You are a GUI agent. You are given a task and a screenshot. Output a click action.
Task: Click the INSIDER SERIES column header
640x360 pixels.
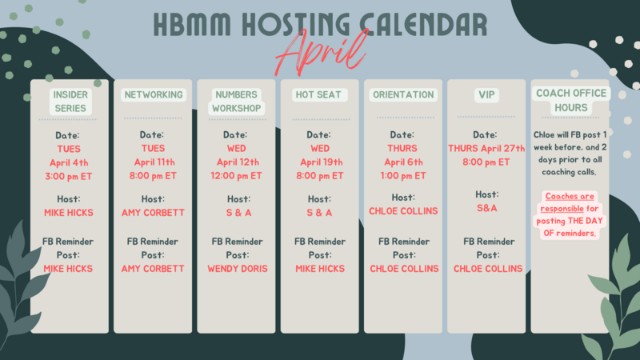[x=70, y=102]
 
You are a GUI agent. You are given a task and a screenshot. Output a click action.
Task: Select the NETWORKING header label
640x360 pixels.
[x=154, y=94]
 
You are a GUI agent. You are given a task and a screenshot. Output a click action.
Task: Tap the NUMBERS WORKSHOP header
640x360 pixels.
[x=236, y=102]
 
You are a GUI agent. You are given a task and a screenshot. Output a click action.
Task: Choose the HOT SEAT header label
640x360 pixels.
[x=318, y=94]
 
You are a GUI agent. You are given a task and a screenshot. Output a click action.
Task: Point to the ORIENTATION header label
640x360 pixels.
[x=403, y=94]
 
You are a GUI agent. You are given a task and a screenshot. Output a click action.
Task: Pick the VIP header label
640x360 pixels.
[x=486, y=95]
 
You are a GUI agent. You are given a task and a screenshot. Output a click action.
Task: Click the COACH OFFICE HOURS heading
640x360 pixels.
[x=571, y=101]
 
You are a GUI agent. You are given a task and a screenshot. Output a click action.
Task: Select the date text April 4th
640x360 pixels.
[x=69, y=163]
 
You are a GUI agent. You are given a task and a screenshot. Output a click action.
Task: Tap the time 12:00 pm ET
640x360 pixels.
[x=236, y=176]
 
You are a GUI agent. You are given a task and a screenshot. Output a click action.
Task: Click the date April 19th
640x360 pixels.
[x=322, y=162]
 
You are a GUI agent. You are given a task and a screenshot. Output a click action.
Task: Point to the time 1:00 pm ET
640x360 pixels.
[x=403, y=176]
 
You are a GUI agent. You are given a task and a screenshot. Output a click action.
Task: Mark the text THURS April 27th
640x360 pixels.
[x=486, y=149]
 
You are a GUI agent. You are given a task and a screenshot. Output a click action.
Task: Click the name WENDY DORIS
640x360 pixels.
[x=238, y=269]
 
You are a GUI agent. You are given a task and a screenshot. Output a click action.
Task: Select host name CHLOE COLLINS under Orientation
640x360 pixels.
[x=403, y=211]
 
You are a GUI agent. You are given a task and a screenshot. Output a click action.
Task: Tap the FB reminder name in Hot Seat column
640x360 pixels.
[x=320, y=269]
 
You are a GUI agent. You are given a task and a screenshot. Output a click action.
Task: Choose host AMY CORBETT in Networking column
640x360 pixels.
[x=153, y=213]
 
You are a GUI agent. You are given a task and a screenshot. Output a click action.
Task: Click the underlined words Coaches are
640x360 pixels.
[x=570, y=196]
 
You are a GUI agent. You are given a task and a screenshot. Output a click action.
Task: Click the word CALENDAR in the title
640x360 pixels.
[x=423, y=25]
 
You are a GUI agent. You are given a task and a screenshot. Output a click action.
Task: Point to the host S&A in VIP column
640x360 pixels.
[x=487, y=208]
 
